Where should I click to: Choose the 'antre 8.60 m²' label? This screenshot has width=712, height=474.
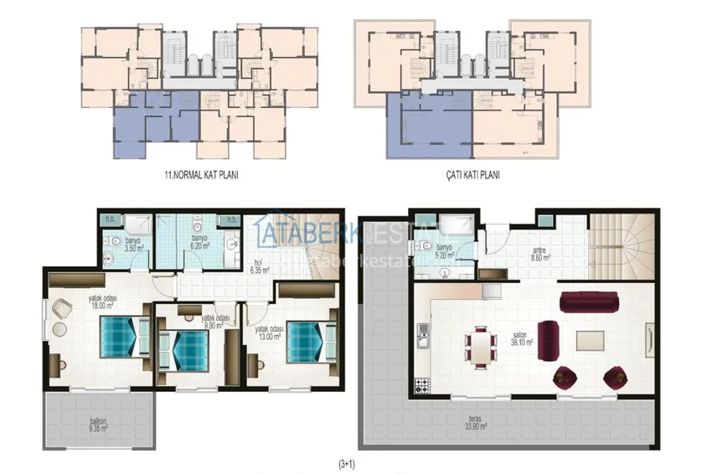(x=540, y=255)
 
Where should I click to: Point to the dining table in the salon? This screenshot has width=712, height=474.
(x=481, y=348)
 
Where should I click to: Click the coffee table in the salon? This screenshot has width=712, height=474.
(x=593, y=340)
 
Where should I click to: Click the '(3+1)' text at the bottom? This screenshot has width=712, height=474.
(x=348, y=461)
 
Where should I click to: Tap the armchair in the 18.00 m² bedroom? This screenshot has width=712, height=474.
(x=60, y=309)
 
